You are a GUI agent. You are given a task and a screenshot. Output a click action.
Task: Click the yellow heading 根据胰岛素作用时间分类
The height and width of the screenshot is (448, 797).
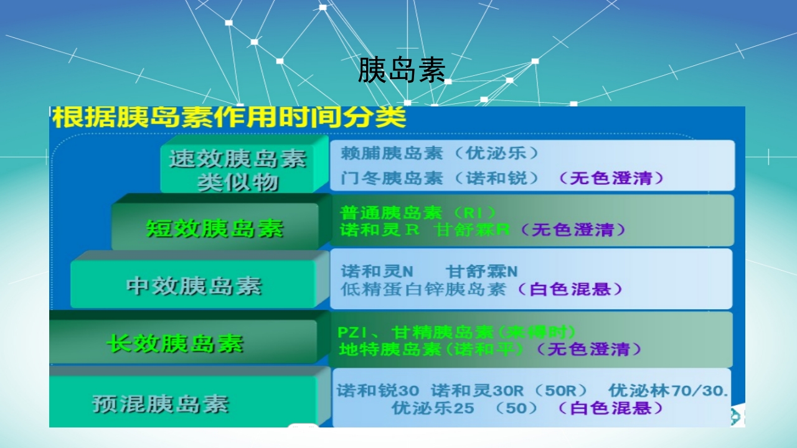coord(229,117)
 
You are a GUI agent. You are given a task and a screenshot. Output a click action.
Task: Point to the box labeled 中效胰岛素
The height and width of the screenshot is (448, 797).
coord(194,286)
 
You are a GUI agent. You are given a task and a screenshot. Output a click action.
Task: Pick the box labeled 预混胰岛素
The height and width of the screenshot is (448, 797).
coord(161,404)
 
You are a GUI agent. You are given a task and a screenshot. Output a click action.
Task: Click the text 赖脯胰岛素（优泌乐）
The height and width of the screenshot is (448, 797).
coord(439,153)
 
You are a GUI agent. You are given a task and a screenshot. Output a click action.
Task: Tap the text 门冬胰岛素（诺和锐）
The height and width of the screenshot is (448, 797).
coord(439,179)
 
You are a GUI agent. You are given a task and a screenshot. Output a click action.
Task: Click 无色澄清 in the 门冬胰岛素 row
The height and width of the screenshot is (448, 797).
coord(611,179)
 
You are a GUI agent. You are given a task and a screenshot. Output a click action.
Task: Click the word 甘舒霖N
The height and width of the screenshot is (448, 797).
coord(482,272)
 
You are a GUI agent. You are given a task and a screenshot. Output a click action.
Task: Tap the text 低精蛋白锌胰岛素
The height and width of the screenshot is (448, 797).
coord(423,289)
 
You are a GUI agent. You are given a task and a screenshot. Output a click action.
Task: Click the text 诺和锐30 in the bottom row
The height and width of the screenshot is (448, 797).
coord(378,391)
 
